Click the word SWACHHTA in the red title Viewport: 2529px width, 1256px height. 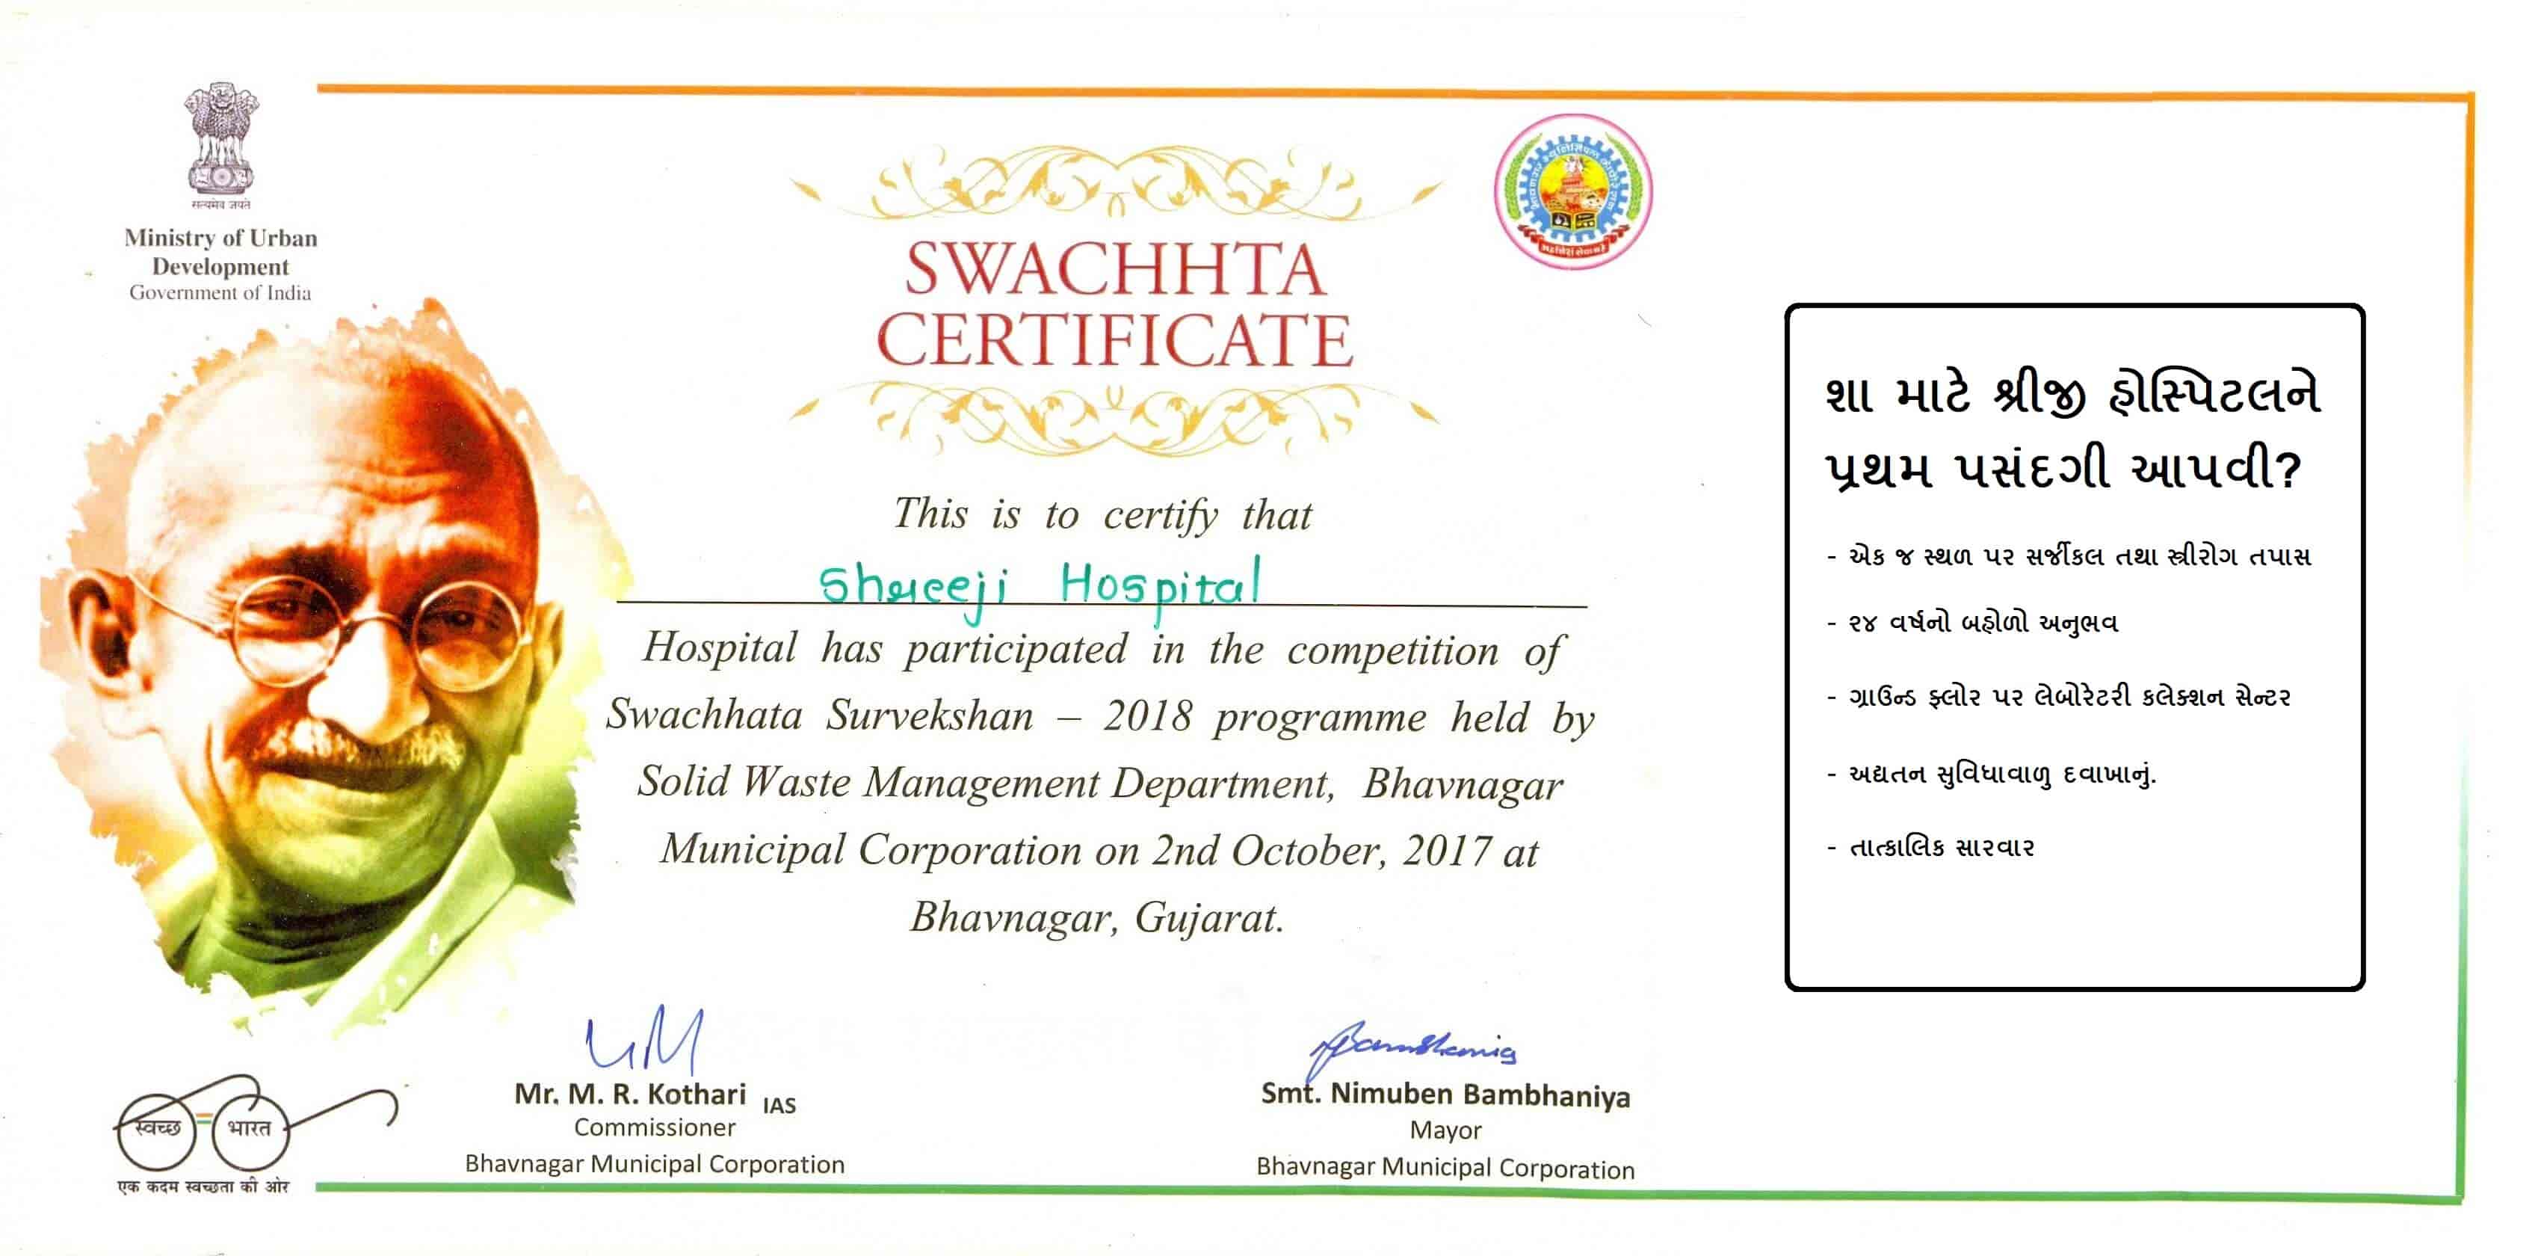tap(1114, 269)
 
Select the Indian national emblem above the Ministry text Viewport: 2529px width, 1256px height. tap(221, 140)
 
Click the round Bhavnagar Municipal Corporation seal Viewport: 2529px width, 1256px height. tap(1572, 191)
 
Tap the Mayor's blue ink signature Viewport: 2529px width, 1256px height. tap(1414, 1049)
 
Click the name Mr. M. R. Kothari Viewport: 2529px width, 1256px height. tap(629, 1094)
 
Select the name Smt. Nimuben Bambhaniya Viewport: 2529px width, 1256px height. tap(1445, 1095)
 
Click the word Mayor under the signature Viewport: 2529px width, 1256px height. tap(1445, 1130)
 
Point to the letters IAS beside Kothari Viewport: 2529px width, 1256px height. tap(779, 1106)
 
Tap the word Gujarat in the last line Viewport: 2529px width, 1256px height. tap(1209, 918)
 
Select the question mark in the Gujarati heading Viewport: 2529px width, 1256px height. tap(2288, 470)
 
